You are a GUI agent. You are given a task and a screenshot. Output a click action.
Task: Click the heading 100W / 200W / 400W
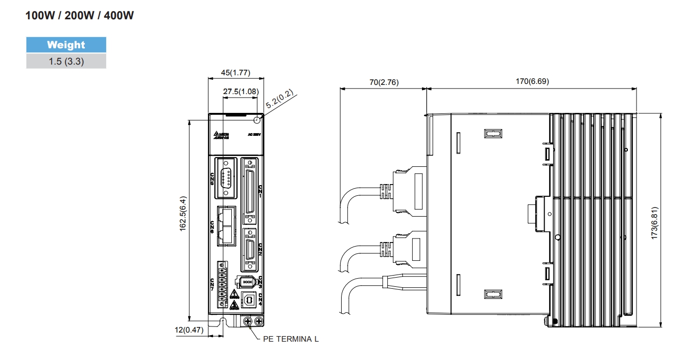click(x=80, y=16)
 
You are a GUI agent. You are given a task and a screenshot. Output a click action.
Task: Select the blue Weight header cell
click(x=66, y=45)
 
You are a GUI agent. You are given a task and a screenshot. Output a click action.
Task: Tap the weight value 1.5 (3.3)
click(x=66, y=62)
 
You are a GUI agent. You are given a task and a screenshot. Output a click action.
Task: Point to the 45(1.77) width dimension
click(x=235, y=72)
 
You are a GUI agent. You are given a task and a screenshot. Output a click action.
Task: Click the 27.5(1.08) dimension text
click(x=241, y=92)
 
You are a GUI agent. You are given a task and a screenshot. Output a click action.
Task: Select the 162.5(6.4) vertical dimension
click(x=183, y=214)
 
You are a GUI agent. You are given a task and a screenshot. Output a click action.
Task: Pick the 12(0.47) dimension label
click(x=189, y=329)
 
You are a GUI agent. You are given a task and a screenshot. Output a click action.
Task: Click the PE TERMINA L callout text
click(x=290, y=339)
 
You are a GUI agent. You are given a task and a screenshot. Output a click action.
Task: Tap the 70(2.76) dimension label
click(x=384, y=82)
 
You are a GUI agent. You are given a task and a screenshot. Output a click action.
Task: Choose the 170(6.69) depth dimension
click(x=531, y=81)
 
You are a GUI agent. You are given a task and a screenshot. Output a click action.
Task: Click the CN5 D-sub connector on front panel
click(x=226, y=177)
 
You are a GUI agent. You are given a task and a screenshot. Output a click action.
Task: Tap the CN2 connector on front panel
click(x=250, y=250)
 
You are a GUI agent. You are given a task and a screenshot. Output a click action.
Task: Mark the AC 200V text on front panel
click(x=254, y=134)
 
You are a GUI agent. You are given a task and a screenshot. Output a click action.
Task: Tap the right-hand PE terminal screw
click(x=259, y=321)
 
